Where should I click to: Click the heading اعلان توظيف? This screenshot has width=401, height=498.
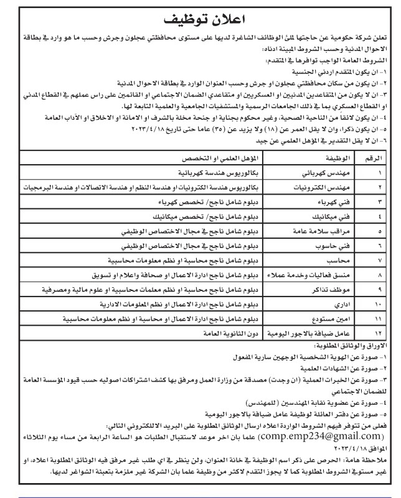(199, 17)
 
